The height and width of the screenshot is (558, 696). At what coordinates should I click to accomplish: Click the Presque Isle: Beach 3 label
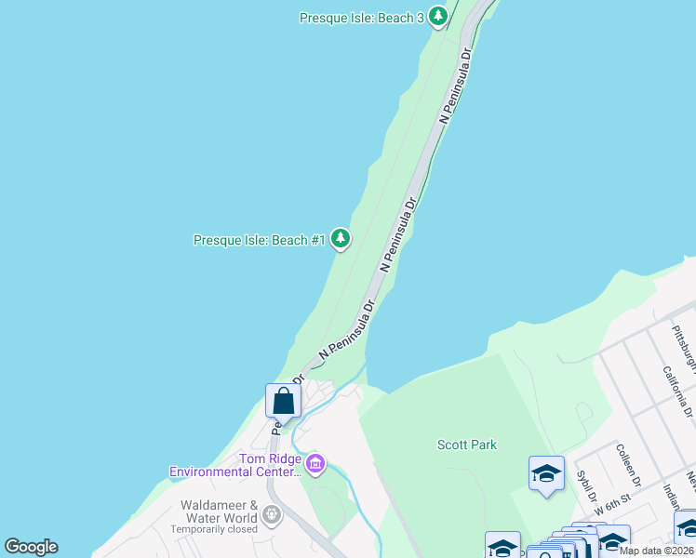click(x=361, y=18)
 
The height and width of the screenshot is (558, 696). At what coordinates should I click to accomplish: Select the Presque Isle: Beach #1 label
click(x=259, y=240)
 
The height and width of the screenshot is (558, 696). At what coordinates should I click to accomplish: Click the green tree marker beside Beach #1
click(x=341, y=239)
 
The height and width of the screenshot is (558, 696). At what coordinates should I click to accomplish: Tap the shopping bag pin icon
click(x=284, y=402)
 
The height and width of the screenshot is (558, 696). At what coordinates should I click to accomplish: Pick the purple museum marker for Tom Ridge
click(x=315, y=463)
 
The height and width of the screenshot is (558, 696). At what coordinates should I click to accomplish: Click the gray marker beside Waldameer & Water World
click(x=271, y=512)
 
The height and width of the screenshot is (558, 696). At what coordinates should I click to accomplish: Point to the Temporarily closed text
click(x=213, y=529)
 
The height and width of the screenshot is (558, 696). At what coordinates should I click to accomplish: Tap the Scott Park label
click(x=467, y=445)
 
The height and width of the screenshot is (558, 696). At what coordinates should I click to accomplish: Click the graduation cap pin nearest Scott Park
click(x=546, y=473)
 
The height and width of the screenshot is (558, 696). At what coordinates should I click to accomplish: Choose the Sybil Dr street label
click(x=586, y=484)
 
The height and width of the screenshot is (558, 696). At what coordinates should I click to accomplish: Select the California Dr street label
click(x=676, y=388)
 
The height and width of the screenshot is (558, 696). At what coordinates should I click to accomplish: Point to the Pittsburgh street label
click(x=684, y=344)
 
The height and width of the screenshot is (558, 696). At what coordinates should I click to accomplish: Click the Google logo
click(x=31, y=547)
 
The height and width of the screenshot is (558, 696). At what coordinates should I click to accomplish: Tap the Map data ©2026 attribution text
click(x=657, y=551)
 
